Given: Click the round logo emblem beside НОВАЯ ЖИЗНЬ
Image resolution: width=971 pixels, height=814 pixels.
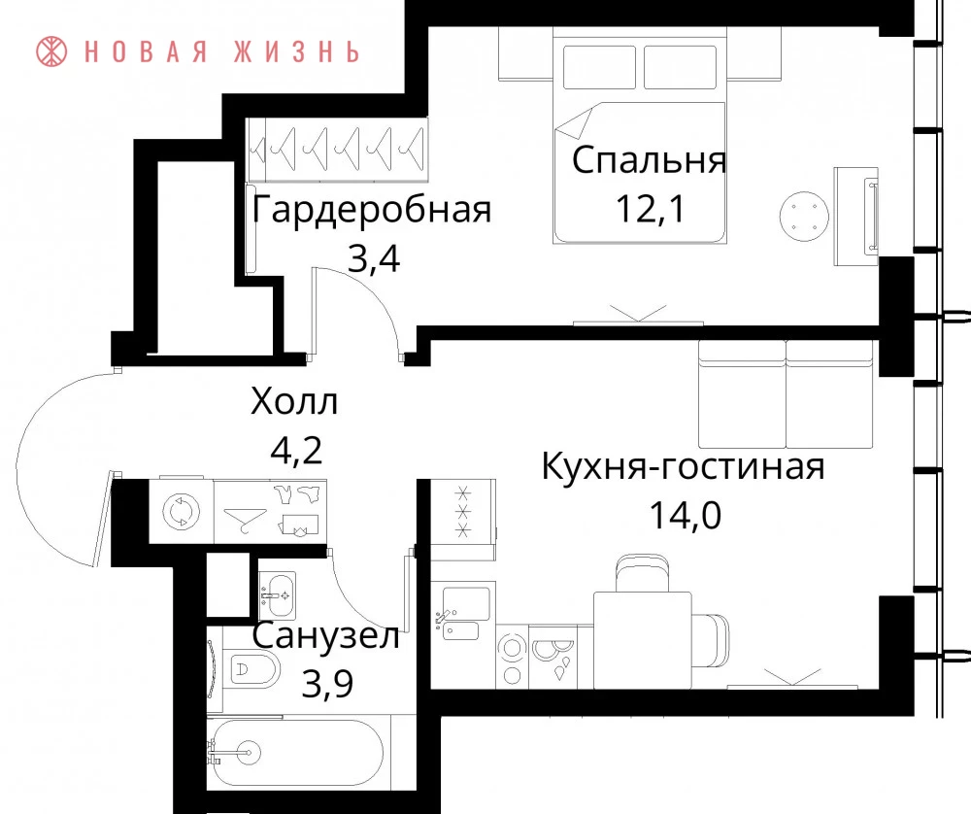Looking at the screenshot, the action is pyautogui.click(x=50, y=51).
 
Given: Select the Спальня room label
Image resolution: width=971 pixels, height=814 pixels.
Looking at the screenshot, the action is pyautogui.click(x=649, y=161).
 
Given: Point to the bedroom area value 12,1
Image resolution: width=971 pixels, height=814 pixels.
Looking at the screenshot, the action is pyautogui.click(x=651, y=209).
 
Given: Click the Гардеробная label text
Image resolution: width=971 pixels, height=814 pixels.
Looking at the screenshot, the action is pyautogui.click(x=372, y=210).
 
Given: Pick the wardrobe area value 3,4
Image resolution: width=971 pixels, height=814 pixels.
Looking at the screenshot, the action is pyautogui.click(x=374, y=259).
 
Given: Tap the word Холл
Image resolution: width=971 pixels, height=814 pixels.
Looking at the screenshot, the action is pyautogui.click(x=295, y=401).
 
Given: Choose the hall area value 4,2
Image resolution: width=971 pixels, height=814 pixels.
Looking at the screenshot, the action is pyautogui.click(x=296, y=451).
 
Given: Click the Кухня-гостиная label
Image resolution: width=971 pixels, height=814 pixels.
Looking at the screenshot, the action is pyautogui.click(x=683, y=466).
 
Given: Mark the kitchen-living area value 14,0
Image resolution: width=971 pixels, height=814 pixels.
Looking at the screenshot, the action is pyautogui.click(x=685, y=516).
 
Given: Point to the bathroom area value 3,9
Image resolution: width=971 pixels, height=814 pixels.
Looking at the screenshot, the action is pyautogui.click(x=327, y=684).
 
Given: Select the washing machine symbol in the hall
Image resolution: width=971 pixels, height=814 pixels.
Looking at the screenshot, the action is pyautogui.click(x=182, y=512).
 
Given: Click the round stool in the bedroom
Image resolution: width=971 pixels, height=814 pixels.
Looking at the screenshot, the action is pyautogui.click(x=804, y=216).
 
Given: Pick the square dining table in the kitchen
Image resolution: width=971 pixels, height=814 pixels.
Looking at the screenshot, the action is pyautogui.click(x=643, y=639).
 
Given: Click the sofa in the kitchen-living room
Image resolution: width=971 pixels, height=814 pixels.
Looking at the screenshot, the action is pyautogui.click(x=786, y=394).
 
